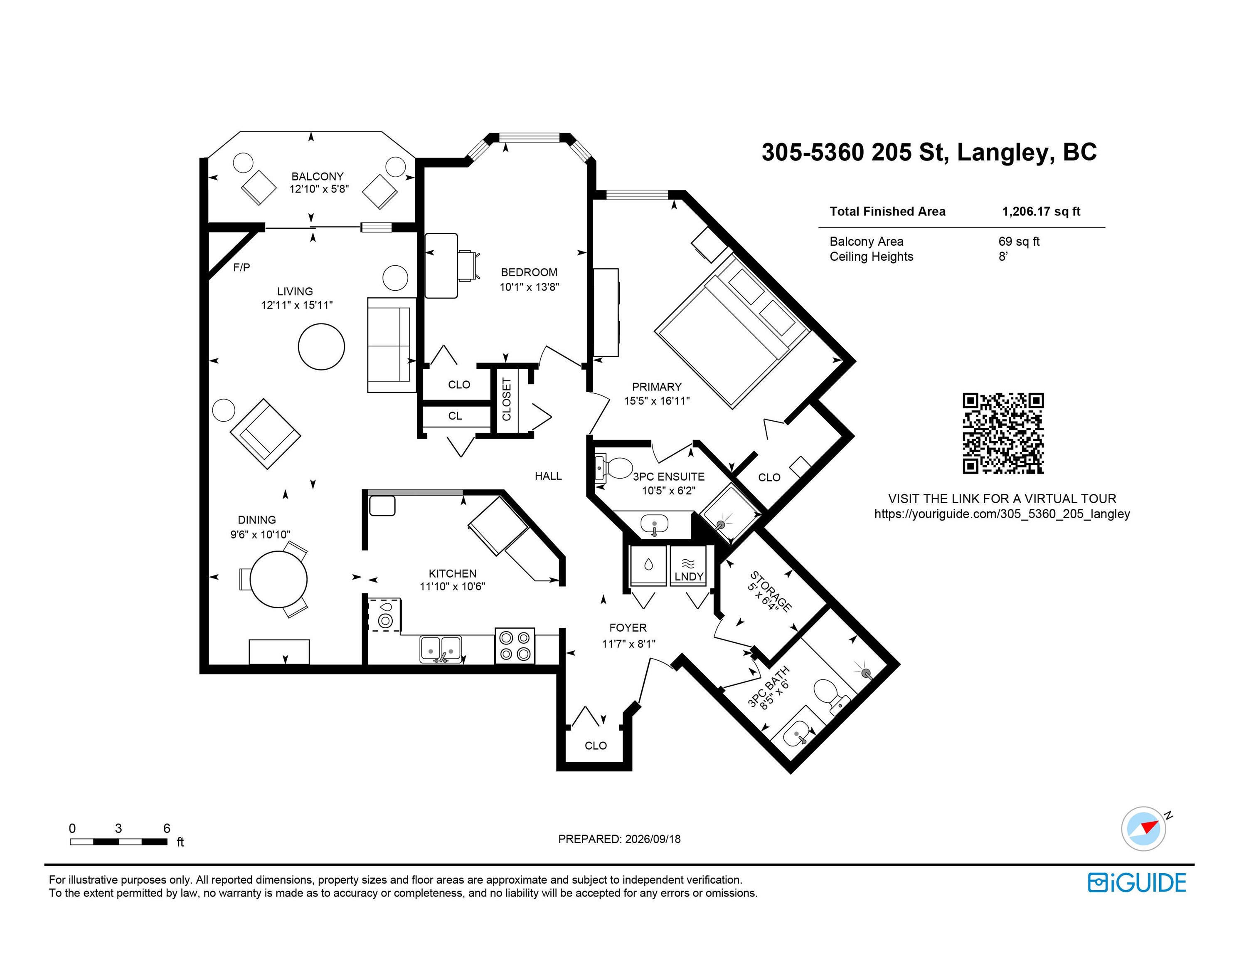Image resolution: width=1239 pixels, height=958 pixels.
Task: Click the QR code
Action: pyautogui.click(x=1003, y=434)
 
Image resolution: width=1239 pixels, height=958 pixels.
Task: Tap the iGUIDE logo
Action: pyautogui.click(x=1137, y=883)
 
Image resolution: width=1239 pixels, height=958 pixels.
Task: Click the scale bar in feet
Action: pyautogui.click(x=118, y=842)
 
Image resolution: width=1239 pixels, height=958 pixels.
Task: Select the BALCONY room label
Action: pyautogui.click(x=318, y=176)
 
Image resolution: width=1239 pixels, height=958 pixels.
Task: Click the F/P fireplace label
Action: pyautogui.click(x=241, y=267)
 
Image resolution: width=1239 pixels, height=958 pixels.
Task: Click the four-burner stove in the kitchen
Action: pyautogui.click(x=515, y=645)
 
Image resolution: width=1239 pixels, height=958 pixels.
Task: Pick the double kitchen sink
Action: pyautogui.click(x=441, y=649)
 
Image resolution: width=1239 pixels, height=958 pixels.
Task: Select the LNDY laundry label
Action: pyautogui.click(x=689, y=577)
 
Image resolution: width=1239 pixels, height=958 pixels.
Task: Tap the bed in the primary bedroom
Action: pyautogui.click(x=732, y=331)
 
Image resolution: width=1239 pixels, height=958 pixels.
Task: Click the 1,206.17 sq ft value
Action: pyautogui.click(x=1041, y=212)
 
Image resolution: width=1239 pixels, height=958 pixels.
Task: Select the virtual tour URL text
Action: pyautogui.click(x=1002, y=514)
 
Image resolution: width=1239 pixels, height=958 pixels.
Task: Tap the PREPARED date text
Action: pyautogui.click(x=619, y=839)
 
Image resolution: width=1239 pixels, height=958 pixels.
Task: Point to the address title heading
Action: pyautogui.click(x=929, y=152)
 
